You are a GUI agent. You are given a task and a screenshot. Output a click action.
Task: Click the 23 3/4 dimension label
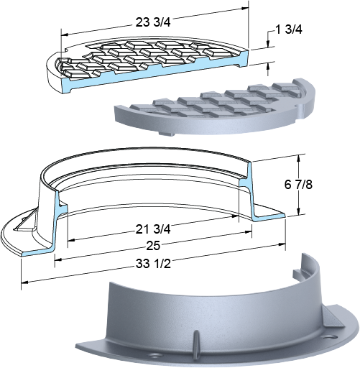153,22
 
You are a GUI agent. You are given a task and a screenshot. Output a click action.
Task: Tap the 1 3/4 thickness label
289,29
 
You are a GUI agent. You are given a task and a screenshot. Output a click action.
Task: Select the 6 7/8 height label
298,185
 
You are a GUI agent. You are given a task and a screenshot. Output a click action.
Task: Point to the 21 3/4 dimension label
153,229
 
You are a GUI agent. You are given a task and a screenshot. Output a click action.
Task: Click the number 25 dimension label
153,246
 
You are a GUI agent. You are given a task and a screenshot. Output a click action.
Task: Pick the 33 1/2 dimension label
153,264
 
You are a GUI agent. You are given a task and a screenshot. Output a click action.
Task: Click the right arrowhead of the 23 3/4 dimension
245,8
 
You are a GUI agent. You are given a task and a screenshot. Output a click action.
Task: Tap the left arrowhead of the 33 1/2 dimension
25,282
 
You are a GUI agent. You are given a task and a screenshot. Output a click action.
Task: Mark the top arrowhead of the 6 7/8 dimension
298,158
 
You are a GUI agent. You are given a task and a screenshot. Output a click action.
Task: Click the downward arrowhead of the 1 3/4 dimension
268,43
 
